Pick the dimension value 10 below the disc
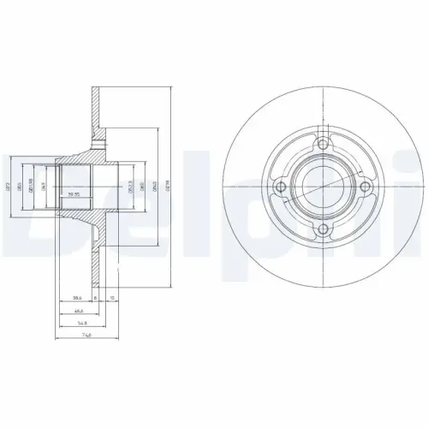(x=113, y=299)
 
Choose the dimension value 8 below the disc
(x=95, y=299)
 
